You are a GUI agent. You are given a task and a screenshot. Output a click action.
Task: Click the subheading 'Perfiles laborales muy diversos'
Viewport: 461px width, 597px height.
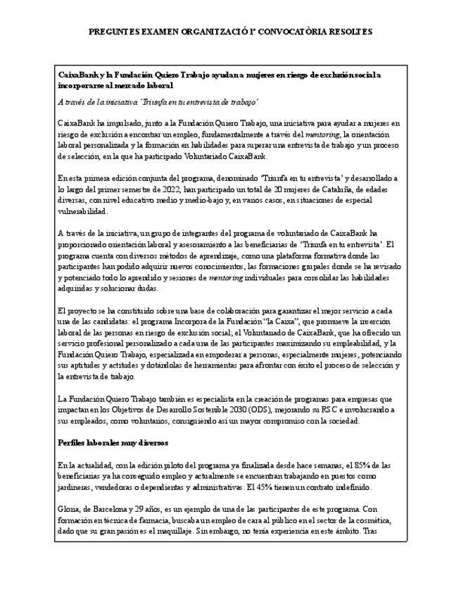(113, 443)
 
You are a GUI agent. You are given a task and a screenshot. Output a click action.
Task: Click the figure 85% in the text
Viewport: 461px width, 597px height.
(347, 465)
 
